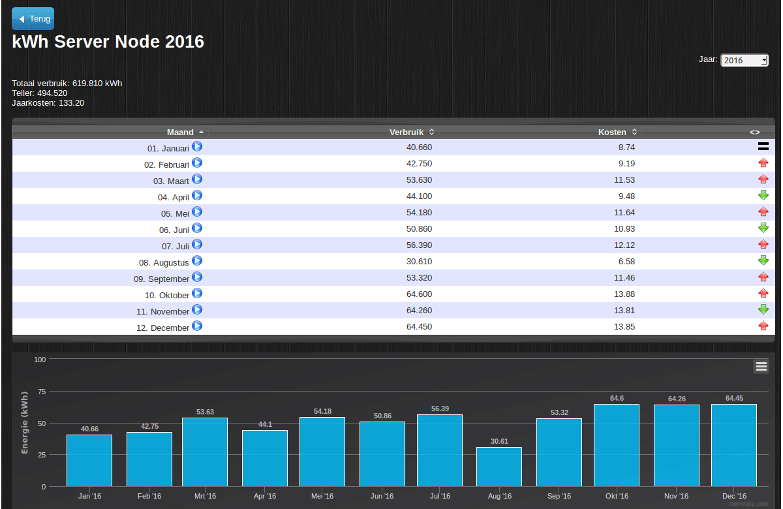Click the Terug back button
click(x=33, y=19)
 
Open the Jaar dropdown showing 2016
click(x=744, y=60)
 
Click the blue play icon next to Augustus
click(x=197, y=261)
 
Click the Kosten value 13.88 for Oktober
click(x=624, y=294)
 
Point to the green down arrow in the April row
click(x=763, y=195)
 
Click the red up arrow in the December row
click(x=763, y=326)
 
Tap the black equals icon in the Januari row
click(x=763, y=147)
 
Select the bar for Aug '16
click(x=499, y=467)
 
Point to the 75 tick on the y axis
click(x=41, y=392)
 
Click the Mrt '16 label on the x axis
click(x=205, y=497)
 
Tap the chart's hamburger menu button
click(x=761, y=367)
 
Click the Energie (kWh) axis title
click(x=25, y=423)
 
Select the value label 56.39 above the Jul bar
click(x=440, y=409)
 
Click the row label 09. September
click(x=161, y=279)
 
